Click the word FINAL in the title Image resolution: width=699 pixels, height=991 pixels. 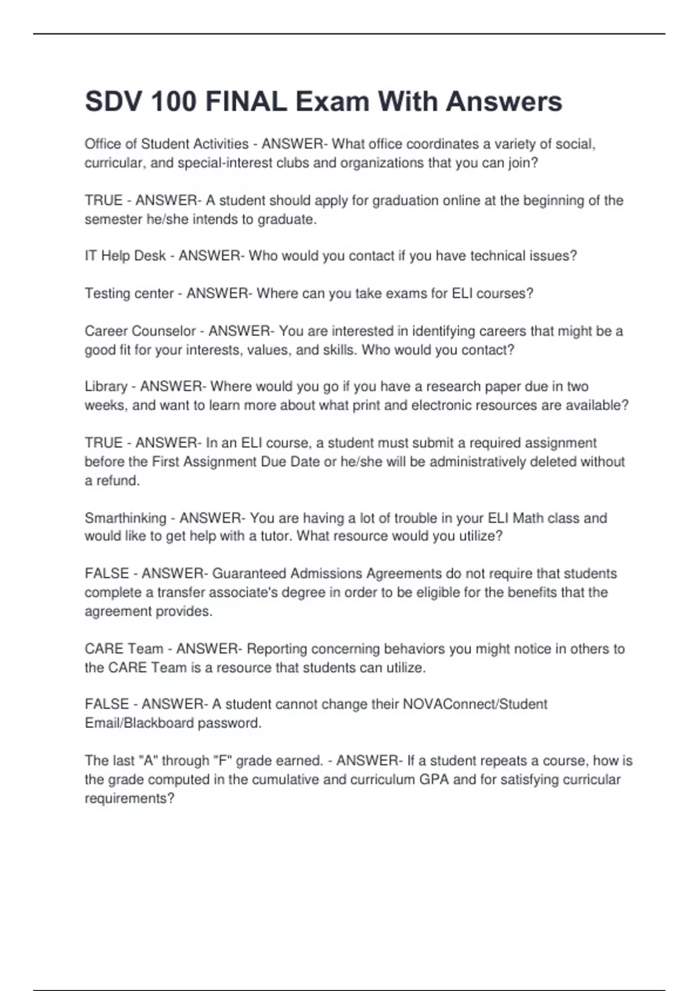[246, 101]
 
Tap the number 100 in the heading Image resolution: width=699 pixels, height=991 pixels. [173, 101]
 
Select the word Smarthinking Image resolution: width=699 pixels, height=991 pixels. [125, 518]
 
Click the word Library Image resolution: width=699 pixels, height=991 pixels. [106, 386]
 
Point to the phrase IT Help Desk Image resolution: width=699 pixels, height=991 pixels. [125, 256]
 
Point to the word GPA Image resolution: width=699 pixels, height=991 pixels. [434, 779]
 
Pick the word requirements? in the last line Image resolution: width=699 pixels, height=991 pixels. [129, 798]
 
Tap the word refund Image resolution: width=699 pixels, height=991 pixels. [121, 480]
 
